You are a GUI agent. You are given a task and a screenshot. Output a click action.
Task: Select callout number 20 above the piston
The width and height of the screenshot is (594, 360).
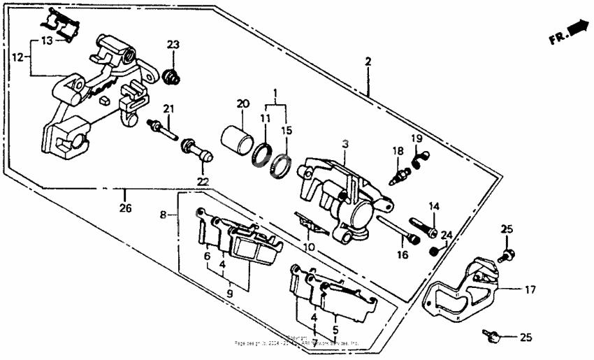point(242,103)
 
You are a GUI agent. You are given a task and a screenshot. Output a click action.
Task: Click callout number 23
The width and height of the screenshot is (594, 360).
point(173,45)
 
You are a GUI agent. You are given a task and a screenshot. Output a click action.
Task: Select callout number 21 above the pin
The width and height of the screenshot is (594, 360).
point(168,108)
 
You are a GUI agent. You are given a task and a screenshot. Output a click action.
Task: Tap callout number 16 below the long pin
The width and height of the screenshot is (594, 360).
point(403,256)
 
